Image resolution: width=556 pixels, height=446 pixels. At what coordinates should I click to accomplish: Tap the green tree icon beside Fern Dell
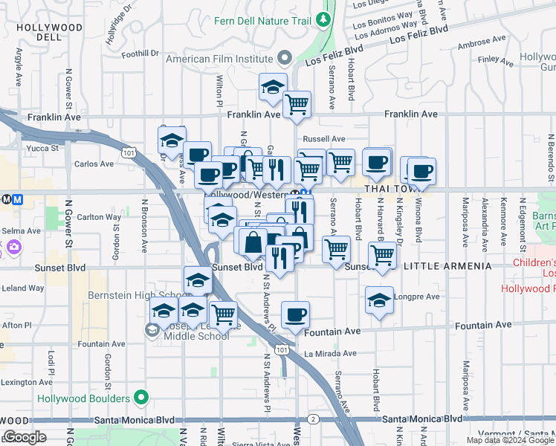323,19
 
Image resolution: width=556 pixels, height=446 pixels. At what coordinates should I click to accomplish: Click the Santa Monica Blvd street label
421,419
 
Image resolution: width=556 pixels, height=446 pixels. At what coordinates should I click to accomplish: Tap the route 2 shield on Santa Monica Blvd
314,419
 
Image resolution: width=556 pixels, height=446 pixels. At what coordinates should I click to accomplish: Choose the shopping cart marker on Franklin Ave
297,105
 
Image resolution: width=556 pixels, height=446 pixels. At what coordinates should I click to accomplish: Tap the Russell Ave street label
324,139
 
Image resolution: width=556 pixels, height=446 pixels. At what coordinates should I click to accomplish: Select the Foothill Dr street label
140,53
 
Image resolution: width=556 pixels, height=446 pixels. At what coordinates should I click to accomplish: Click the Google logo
25,436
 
